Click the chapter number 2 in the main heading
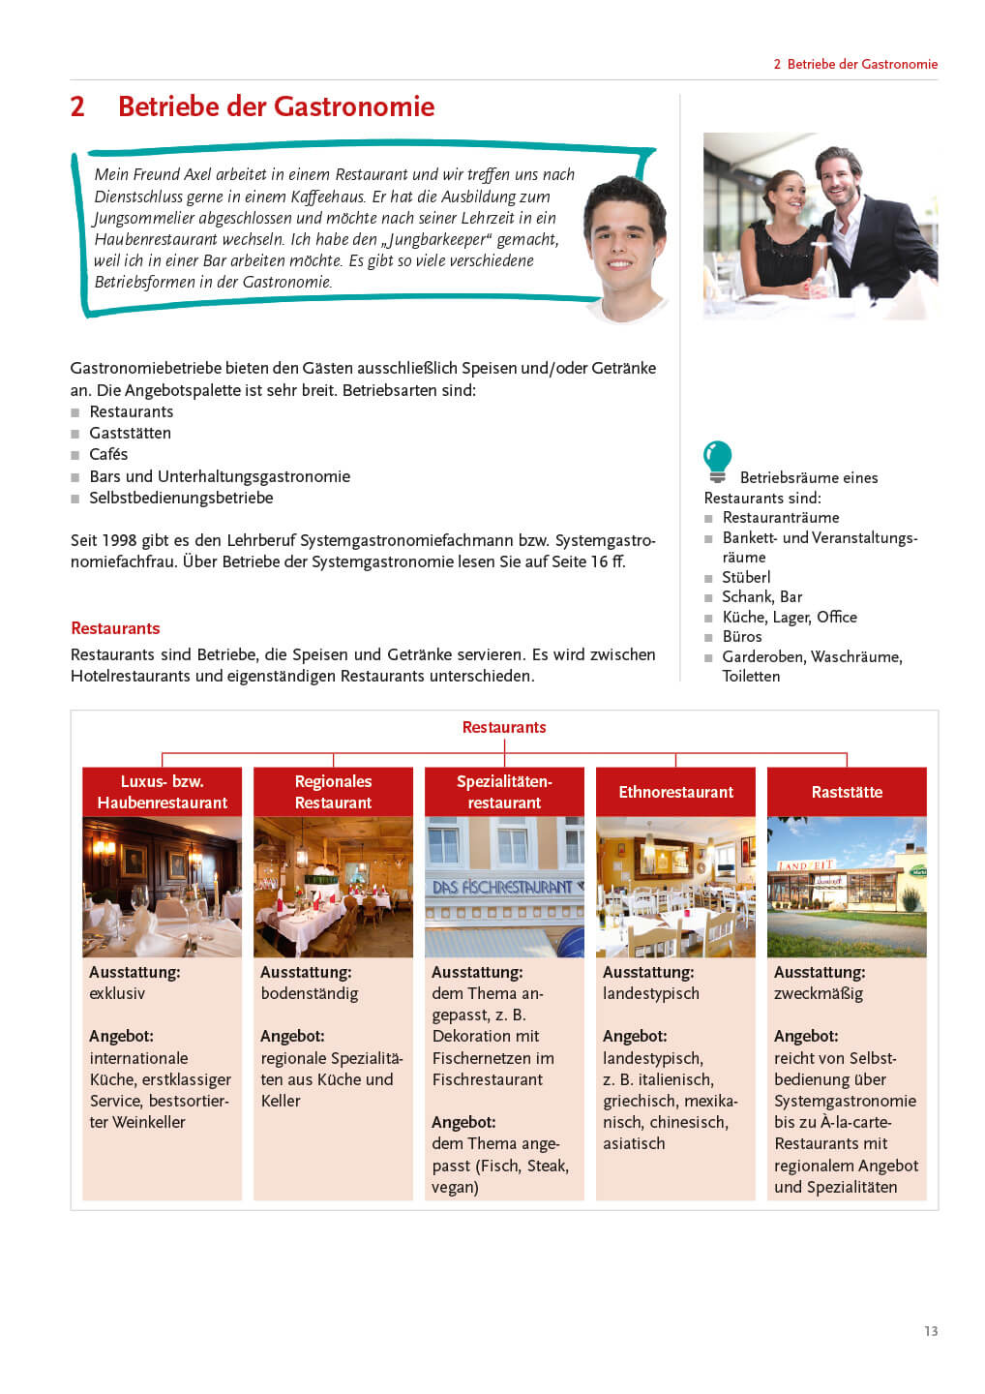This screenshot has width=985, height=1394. [77, 106]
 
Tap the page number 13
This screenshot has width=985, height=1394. [931, 1331]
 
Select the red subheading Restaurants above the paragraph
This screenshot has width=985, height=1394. [115, 628]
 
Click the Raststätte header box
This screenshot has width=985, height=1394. [847, 792]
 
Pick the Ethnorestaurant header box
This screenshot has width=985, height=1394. [675, 792]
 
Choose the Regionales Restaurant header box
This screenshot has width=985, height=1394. [333, 792]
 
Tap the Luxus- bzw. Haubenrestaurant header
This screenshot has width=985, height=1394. [162, 792]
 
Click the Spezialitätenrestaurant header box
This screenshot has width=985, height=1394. [504, 792]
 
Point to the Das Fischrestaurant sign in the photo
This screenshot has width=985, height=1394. [503, 887]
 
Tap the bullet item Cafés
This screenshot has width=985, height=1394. [108, 454]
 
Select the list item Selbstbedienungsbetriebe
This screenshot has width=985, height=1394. [181, 498]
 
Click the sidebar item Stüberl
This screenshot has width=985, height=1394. [746, 577]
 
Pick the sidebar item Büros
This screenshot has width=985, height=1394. [742, 636]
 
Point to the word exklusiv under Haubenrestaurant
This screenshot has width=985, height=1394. [117, 993]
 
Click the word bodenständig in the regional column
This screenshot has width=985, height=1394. [310, 993]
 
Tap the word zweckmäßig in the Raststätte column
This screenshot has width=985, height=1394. [819, 993]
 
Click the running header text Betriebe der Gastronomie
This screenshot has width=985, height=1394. [862, 64]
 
